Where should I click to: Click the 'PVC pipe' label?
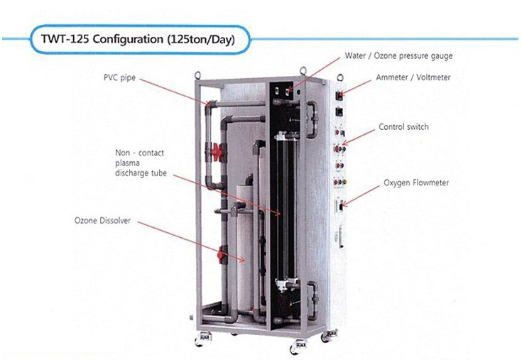119,78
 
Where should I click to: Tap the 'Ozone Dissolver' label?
102,221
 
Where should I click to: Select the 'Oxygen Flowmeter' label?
416,182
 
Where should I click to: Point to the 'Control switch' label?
403,127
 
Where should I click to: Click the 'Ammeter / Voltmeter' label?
413,77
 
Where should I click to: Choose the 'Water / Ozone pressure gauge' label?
398,56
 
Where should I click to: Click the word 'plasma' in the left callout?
128,164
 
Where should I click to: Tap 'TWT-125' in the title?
65,39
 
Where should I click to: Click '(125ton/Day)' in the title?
201,40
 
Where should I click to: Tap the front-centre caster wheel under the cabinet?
298,347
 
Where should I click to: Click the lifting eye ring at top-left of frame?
197,75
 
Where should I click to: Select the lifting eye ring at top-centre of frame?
303,71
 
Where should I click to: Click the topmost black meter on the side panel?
339,95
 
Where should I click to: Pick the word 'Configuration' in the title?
128,39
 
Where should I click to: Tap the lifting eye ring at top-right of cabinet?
340,77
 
